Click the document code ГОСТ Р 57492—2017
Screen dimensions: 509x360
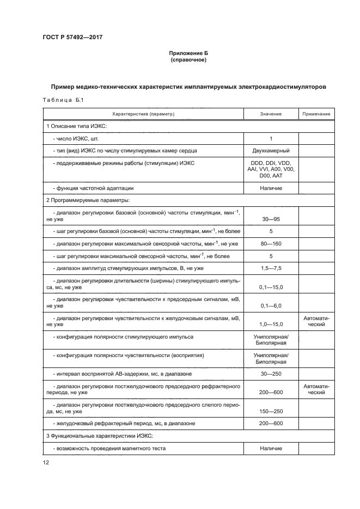[x=72, y=38]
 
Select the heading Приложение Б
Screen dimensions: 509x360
[x=188, y=53]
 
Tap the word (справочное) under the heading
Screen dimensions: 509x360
[x=188, y=59]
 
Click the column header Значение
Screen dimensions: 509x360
[x=271, y=114]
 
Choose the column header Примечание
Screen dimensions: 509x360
[x=316, y=114]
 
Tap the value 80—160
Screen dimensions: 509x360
[x=271, y=243]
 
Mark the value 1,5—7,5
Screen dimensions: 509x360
[x=271, y=268]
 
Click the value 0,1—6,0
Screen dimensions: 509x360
[x=271, y=306]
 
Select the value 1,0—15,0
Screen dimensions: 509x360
[x=271, y=324]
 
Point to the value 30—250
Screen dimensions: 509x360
[x=271, y=375]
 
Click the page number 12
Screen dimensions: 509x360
[x=46, y=463]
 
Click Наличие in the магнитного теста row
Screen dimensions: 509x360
[x=271, y=449]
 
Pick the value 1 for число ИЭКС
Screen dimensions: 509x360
[x=271, y=139]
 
